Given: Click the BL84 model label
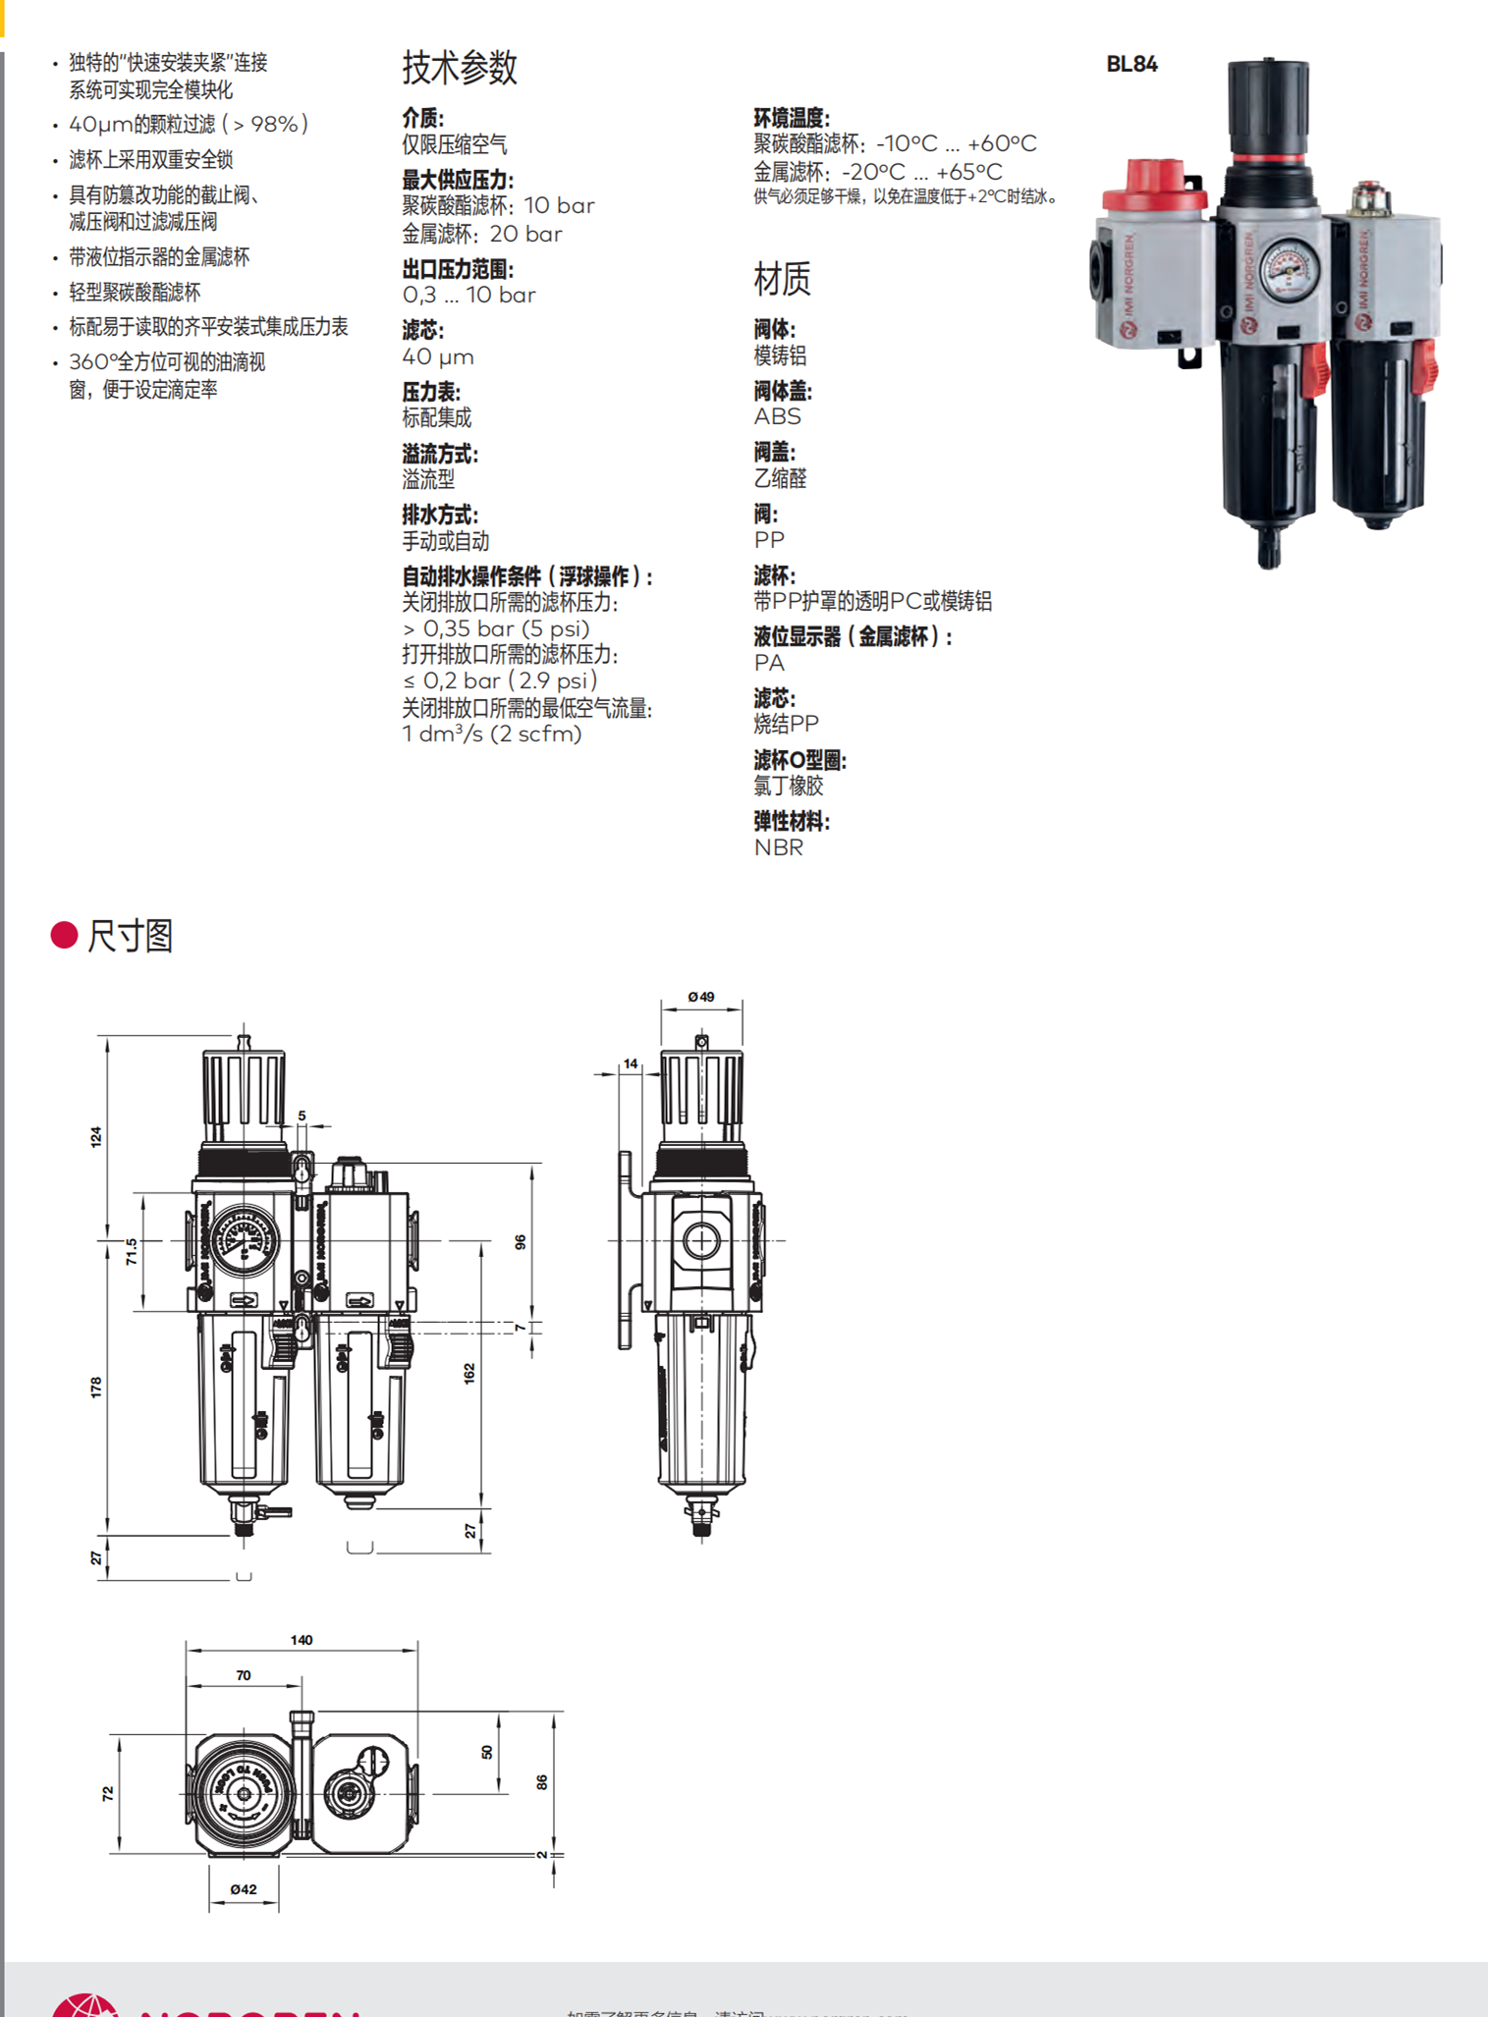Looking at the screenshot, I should [x=1131, y=65].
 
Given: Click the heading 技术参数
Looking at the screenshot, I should [x=460, y=68].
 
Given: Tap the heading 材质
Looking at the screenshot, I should [x=782, y=279].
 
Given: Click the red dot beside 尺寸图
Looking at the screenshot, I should [x=64, y=935].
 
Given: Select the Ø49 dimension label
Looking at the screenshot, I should [x=701, y=997].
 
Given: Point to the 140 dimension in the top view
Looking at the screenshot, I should [x=302, y=1640].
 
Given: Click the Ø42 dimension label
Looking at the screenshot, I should [x=244, y=1889].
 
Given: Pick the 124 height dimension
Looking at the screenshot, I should [x=96, y=1137].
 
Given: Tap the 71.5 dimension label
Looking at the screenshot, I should [x=132, y=1252].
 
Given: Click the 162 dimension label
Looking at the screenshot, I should [x=469, y=1373].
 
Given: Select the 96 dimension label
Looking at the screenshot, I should [x=521, y=1242].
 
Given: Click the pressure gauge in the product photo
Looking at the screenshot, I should [x=1288, y=268].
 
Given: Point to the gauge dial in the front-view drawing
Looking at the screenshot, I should [x=243, y=1240].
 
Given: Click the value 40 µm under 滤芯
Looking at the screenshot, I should [x=438, y=357].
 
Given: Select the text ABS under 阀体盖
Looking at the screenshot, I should [x=777, y=416].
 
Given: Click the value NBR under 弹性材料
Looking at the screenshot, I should [x=778, y=847].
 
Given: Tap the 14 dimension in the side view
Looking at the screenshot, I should [x=631, y=1063].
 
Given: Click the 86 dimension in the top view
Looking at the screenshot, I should [x=541, y=1782].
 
